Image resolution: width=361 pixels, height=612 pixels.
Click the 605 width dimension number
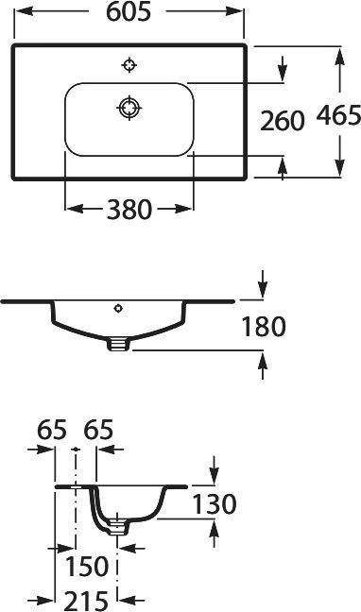coord(129,12)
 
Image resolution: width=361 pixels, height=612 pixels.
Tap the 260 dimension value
coord(283,121)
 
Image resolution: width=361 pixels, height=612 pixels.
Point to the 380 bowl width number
coord(129,210)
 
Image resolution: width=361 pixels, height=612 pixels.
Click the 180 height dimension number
coord(265,327)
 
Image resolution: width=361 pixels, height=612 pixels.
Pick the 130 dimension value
coord(214,504)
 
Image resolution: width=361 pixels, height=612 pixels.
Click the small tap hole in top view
coord(129,65)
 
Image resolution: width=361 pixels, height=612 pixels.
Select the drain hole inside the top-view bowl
coord(129,107)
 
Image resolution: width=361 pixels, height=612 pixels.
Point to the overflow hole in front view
coord(118,307)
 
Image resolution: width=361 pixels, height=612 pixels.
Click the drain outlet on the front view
coord(117,345)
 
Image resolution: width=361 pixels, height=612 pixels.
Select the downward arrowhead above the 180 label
coord(264,288)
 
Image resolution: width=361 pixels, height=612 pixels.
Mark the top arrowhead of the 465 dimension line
coord(337,54)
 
